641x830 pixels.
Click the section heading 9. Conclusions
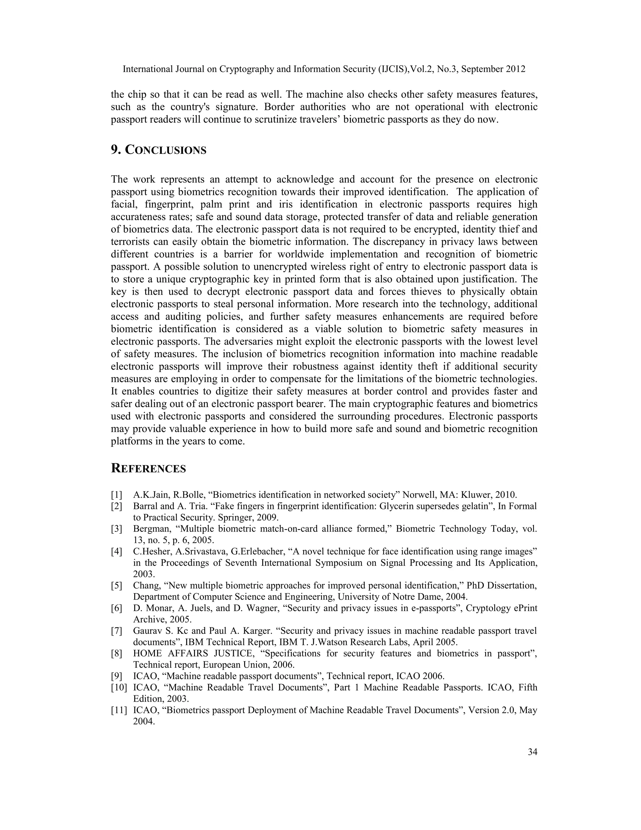158,150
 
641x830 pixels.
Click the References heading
148,469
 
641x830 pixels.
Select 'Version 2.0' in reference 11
491,710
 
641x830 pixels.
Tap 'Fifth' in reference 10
527,687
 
